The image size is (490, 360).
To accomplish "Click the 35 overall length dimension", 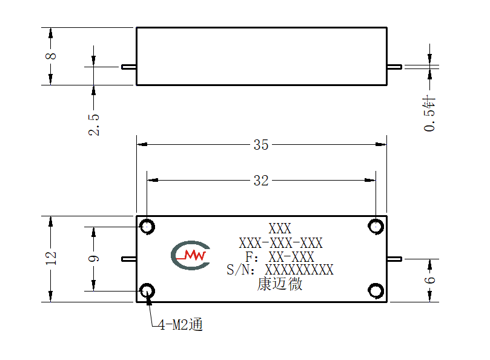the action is [x=261, y=145].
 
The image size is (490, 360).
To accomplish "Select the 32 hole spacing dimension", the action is [x=261, y=181].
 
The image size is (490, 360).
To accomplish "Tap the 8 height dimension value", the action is [x=51, y=56].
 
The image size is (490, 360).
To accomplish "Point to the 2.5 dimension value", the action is [x=94, y=124].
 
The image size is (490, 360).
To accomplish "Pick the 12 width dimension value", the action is [x=51, y=258].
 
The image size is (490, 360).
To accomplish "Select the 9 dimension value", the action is [x=94, y=259].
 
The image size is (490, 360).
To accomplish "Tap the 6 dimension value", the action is [x=430, y=279].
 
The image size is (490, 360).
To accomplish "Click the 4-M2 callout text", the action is [x=180, y=325].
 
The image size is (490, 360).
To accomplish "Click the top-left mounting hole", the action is [x=147, y=227].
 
